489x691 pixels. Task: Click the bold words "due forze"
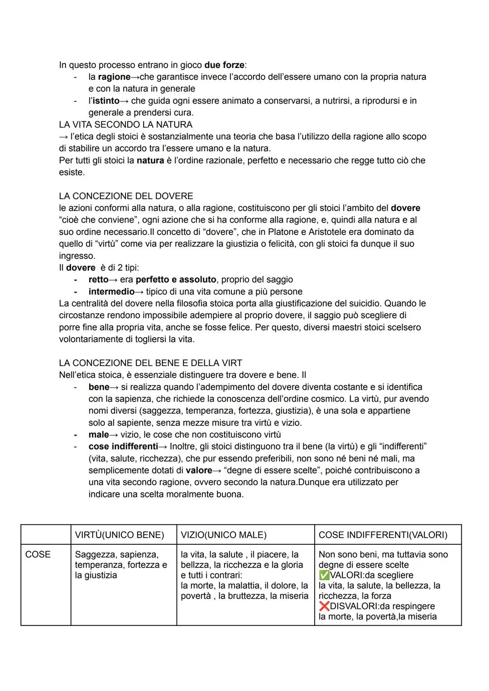[x=227, y=65]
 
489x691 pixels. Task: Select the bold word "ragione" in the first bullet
[x=114, y=77]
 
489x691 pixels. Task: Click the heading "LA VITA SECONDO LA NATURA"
[x=125, y=124]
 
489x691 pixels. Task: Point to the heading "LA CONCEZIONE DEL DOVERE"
[x=126, y=196]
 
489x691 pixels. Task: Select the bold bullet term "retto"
[x=98, y=280]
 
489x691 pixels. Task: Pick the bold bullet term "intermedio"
[x=111, y=291]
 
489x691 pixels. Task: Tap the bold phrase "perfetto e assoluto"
[x=176, y=280]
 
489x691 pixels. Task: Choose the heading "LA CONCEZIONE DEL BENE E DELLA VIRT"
[x=150, y=363]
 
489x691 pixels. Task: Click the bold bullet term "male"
[x=98, y=434]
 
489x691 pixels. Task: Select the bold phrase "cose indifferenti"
[x=123, y=446]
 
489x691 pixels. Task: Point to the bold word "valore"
[x=199, y=470]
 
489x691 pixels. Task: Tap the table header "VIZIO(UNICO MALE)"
[x=224, y=535]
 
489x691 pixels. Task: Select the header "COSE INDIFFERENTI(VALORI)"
[x=383, y=535]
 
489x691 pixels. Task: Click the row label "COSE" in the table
[x=38, y=555]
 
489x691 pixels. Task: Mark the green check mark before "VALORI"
[x=324, y=575]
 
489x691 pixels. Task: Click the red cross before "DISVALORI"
[x=324, y=606]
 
